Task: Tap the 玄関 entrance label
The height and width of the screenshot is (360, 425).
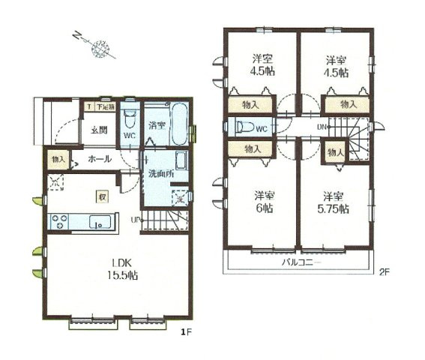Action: pos(100,130)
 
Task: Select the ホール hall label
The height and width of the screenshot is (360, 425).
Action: pos(100,159)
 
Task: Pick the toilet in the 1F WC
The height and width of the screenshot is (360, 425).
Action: pos(130,120)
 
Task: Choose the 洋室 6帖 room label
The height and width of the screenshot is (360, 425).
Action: pos(262,202)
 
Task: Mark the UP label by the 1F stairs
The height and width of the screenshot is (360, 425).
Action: pos(135,219)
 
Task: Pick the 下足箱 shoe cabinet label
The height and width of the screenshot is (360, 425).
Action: pos(104,108)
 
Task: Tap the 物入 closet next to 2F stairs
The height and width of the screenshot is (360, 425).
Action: pos(335,153)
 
